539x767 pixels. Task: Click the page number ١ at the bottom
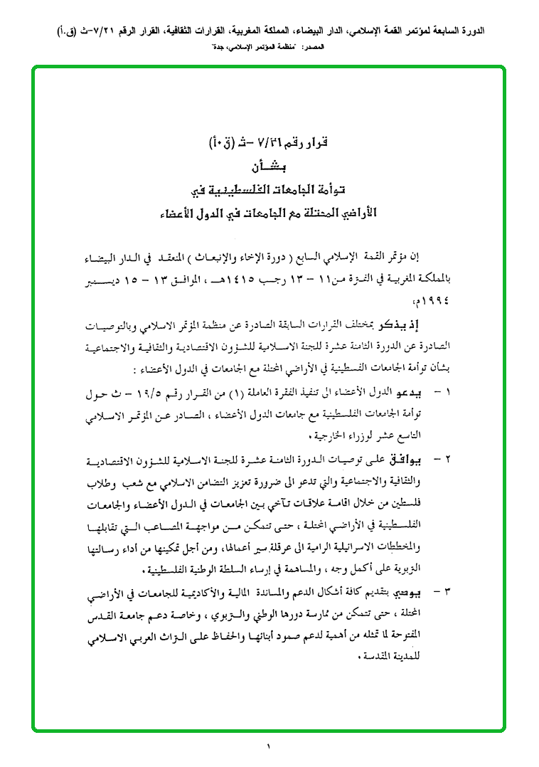[x=269, y=746]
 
